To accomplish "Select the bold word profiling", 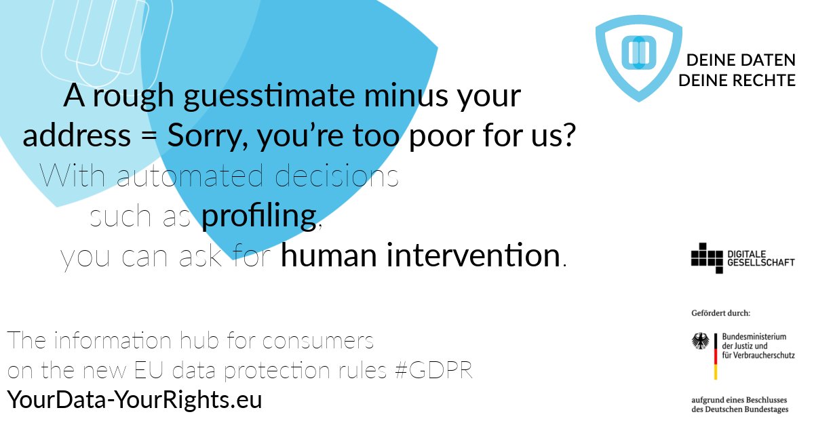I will pyautogui.click(x=259, y=217).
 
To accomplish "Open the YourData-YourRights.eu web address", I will pyautogui.click(x=134, y=400).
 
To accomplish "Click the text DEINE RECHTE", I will pyautogui.click(x=737, y=81).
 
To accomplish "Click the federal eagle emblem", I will pyautogui.click(x=700, y=341).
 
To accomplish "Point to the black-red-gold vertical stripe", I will pyautogui.click(x=715, y=356).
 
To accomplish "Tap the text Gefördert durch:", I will pyautogui.click(x=720, y=313).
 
